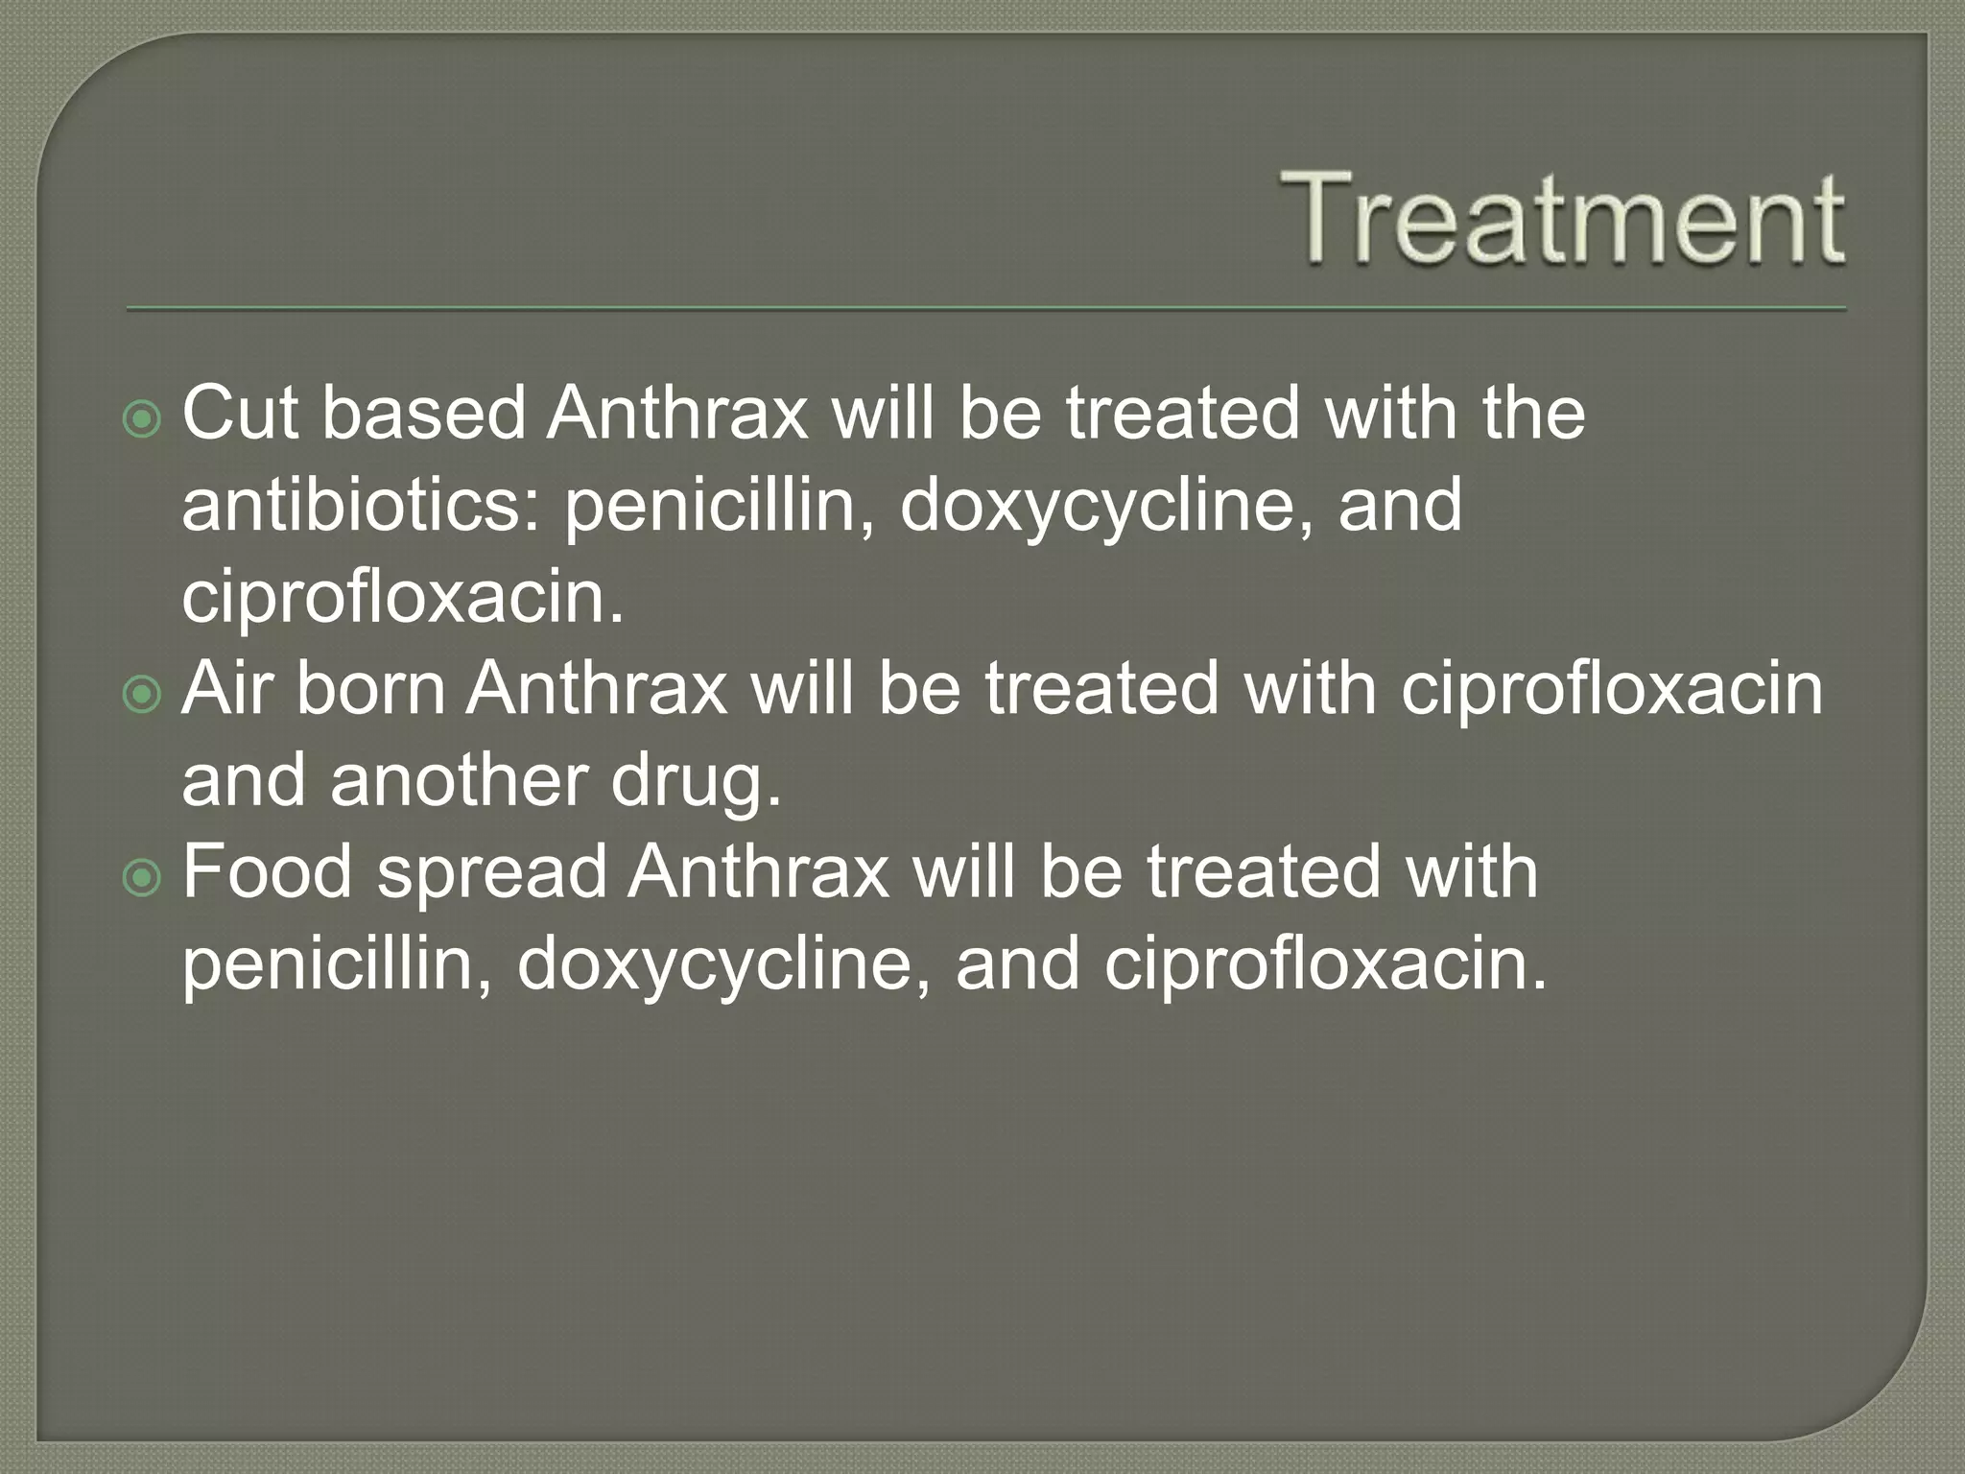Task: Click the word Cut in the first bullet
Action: click(240, 414)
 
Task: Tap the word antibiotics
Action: click(361, 506)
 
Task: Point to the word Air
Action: click(226, 689)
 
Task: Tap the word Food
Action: click(268, 872)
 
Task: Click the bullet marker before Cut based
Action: click(143, 419)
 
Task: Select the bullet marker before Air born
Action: click(143, 695)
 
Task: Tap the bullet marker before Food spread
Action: click(143, 878)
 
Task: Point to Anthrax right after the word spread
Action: click(759, 872)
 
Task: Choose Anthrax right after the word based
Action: click(677, 414)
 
